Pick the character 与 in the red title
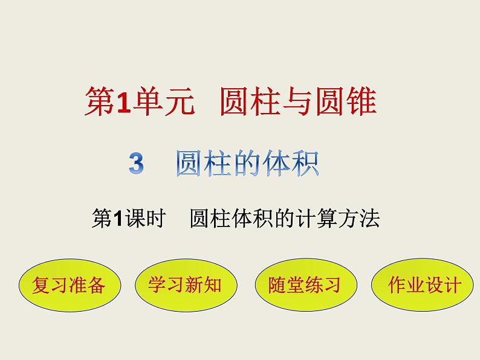(x=299, y=103)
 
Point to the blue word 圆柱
(x=201, y=164)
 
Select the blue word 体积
(x=294, y=164)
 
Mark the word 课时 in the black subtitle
(x=147, y=219)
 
